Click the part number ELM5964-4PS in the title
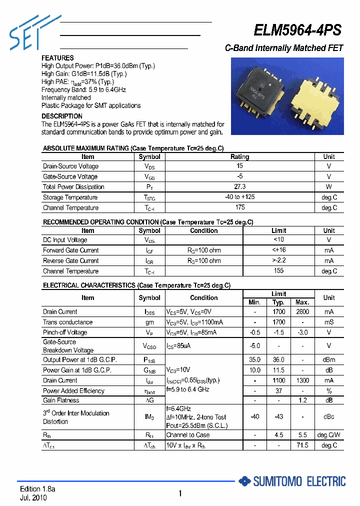pos(297,30)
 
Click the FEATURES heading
pos(57,58)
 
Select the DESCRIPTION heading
pos(62,116)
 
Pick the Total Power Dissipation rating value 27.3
pos(239,186)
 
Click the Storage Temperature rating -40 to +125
pos(239,197)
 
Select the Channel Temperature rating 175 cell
pos(239,207)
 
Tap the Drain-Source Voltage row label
pos(70,166)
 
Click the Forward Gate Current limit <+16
pos(278,250)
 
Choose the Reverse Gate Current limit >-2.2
pos(278,260)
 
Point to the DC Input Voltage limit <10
pos(278,240)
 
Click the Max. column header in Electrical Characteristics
pos(302,302)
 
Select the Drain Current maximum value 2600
pos(302,311)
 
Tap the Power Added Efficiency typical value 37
pos(278,390)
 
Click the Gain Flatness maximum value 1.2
pos(302,400)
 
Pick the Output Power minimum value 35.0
pos(255,359)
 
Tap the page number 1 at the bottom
pos(180,494)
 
